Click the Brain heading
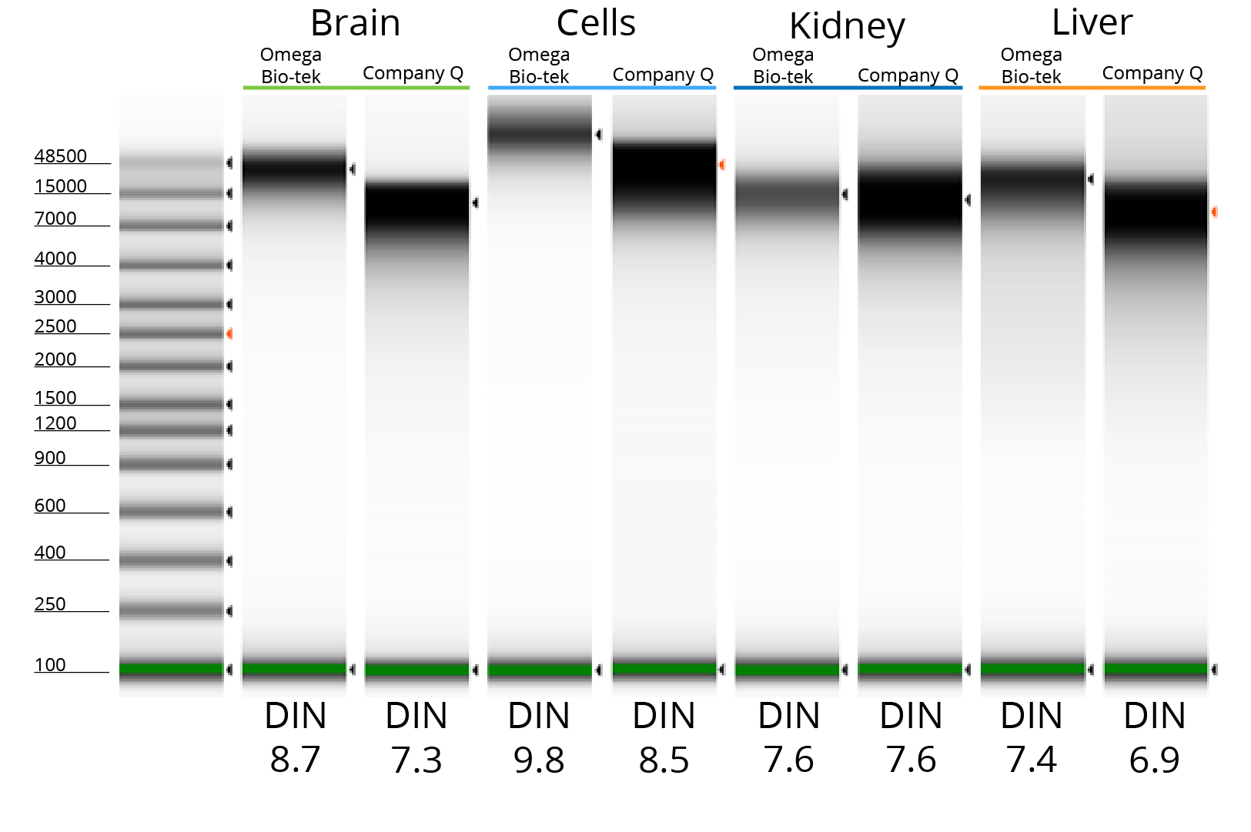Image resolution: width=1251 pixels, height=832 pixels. point(355,24)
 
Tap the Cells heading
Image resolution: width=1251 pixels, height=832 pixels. point(596,24)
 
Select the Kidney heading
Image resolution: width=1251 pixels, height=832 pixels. point(847,27)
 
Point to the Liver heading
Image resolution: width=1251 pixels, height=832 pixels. point(1092,23)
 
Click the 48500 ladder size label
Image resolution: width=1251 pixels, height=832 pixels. point(61,156)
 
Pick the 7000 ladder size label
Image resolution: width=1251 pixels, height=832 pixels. point(55,219)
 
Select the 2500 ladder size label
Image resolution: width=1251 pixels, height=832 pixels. point(55,326)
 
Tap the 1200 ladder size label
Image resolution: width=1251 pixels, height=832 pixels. point(55,423)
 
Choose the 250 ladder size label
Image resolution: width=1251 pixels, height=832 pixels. point(50,604)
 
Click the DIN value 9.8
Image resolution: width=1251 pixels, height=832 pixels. point(539,760)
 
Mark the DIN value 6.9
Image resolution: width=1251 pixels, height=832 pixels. point(1154,760)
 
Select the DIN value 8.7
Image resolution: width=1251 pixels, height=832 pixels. point(295,760)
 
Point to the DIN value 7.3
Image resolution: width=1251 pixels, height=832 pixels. point(416,760)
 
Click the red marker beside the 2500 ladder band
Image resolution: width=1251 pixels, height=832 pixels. point(229,334)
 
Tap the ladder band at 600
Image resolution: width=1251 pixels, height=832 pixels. point(171,511)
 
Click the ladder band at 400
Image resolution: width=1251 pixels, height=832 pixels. point(171,560)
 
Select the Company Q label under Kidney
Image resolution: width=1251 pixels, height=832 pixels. point(908,75)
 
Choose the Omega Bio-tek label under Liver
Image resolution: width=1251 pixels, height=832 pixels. point(1031,65)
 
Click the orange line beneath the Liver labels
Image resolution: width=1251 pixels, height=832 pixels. point(1092,88)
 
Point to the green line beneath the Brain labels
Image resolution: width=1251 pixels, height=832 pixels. point(356,88)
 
